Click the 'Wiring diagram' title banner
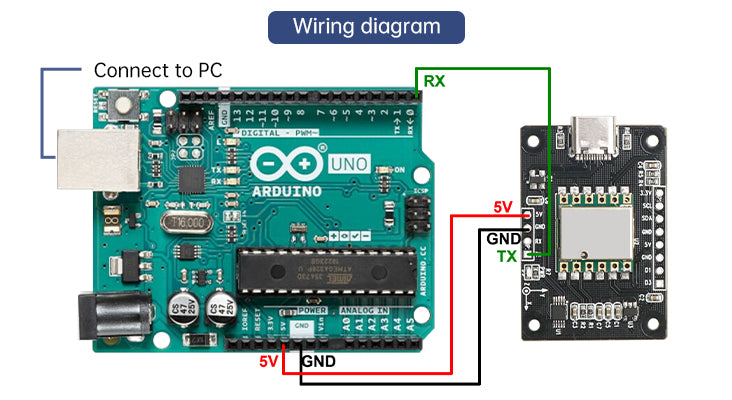[x=366, y=26]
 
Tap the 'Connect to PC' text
[x=158, y=71]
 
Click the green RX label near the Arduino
[x=434, y=81]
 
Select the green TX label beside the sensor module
[x=507, y=257]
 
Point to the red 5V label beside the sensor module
[x=503, y=207]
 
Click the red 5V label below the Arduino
[x=268, y=360]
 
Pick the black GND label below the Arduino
[x=318, y=360]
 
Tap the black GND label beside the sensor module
[x=502, y=239]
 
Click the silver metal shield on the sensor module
[x=595, y=230]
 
